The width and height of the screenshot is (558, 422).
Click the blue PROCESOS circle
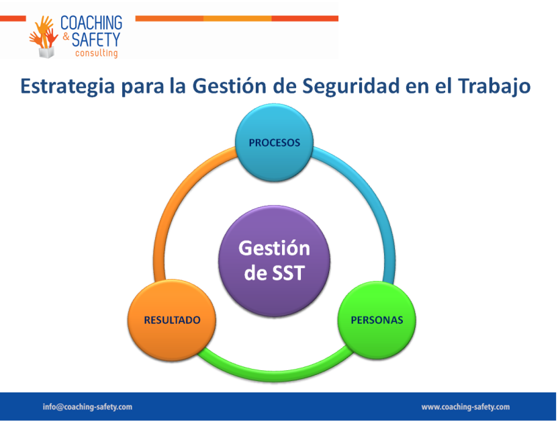point(275,142)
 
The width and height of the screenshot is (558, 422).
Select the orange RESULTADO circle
point(172,320)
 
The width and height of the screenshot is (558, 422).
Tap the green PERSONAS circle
point(377,320)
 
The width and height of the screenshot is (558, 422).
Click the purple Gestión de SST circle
point(275,261)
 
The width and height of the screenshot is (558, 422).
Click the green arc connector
point(275,374)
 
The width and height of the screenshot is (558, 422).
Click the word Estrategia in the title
point(68,87)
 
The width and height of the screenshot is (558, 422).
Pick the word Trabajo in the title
point(494,87)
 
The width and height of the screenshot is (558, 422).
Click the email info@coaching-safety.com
point(87,407)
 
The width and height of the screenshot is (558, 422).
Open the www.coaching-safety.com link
point(465,407)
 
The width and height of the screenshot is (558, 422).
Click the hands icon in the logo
point(44,36)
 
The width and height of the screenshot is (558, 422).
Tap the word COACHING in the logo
point(91,23)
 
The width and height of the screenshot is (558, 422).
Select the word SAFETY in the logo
point(96,39)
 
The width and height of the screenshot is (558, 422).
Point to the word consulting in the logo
point(97,53)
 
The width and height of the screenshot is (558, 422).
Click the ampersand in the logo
point(66,37)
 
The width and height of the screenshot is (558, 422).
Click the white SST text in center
point(288,273)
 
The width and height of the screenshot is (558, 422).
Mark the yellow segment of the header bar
point(237,19)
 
